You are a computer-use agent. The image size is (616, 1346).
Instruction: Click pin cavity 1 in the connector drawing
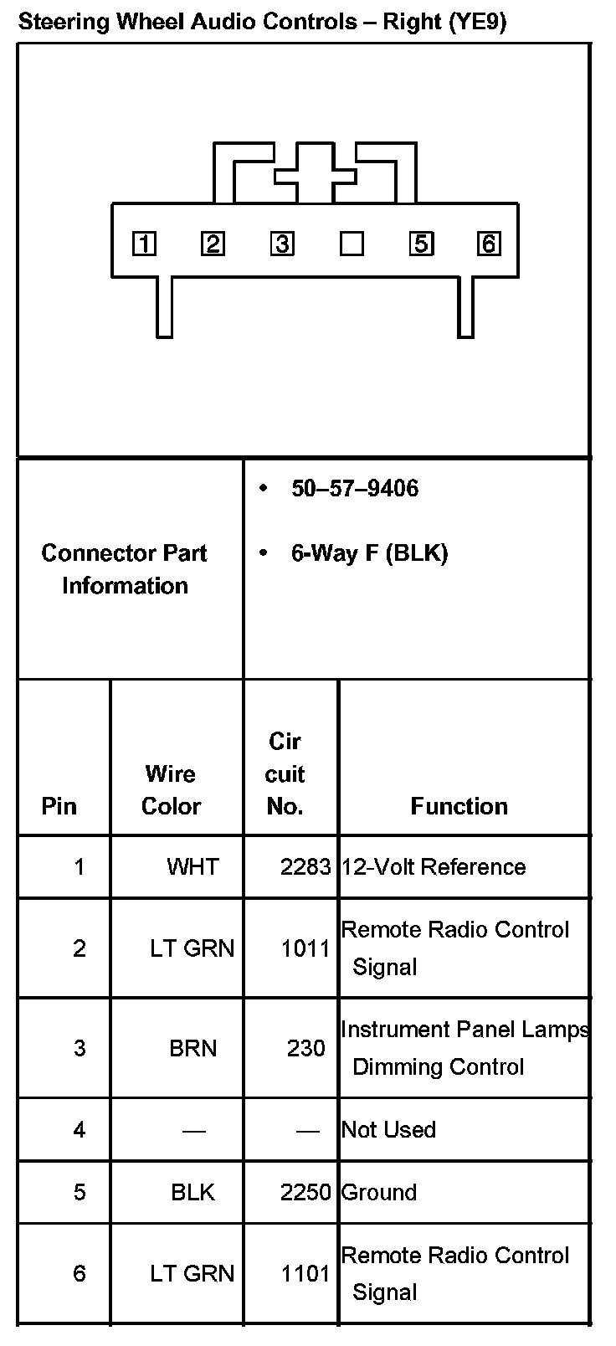[145, 244]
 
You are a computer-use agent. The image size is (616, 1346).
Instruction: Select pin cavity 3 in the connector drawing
[282, 244]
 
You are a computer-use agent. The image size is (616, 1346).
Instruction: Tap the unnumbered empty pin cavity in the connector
[352, 244]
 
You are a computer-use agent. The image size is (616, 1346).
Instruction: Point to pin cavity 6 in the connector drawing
[489, 244]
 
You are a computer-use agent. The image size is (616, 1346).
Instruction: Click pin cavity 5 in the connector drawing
[420, 244]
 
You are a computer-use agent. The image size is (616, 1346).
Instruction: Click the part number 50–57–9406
[355, 489]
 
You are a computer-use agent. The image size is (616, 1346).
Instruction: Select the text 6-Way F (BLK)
[369, 553]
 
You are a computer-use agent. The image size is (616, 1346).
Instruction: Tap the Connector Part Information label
[125, 569]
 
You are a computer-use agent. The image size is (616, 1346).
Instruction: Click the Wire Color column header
[171, 789]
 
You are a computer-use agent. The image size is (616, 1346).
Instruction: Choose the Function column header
[459, 806]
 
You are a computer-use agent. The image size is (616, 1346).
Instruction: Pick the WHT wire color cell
[192, 866]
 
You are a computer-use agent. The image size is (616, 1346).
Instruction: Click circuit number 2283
[305, 866]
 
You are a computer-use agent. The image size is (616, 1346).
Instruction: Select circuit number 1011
[305, 948]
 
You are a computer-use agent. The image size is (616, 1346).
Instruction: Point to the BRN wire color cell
[192, 1048]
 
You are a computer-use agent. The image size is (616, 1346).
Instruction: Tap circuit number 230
[305, 1048]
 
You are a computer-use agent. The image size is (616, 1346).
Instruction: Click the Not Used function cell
[388, 1130]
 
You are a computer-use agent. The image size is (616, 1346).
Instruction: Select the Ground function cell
[378, 1192]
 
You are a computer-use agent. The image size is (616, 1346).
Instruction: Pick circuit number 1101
[305, 1274]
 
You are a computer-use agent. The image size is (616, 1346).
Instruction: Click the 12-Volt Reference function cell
[434, 866]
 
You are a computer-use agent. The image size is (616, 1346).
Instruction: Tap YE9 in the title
[476, 22]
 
